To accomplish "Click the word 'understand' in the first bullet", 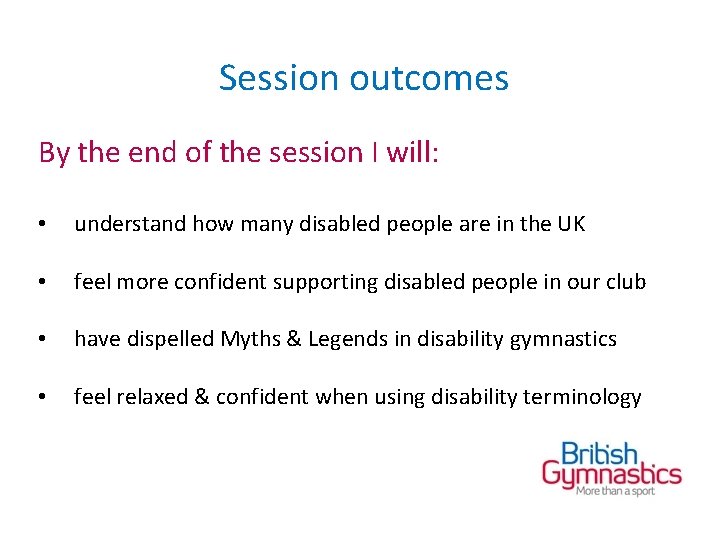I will pos(130,224).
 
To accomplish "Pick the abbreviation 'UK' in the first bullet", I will pos(570,224).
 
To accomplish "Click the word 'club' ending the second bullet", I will pos(625,282).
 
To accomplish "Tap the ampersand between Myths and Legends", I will pos(292,339).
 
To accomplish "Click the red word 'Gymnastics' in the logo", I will pos(611,475).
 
